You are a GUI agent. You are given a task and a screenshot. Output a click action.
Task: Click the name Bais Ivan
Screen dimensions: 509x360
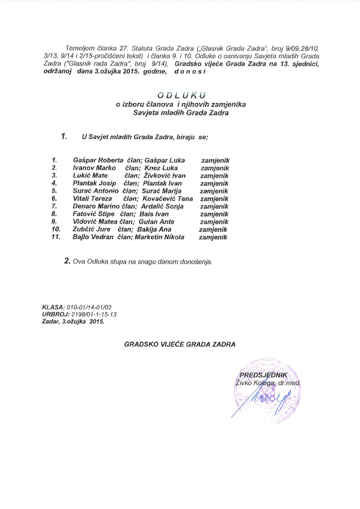[x=153, y=214]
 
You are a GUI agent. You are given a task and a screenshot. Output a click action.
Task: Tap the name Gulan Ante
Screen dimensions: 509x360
[x=157, y=222]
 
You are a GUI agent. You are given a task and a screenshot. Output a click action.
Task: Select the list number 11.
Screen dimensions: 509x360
[x=54, y=238]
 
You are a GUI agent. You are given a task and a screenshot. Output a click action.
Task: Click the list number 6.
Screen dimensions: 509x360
[x=54, y=199]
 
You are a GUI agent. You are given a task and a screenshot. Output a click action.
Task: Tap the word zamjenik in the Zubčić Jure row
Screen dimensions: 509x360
[x=213, y=230]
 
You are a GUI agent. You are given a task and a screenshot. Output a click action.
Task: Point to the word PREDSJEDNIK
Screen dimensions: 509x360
[x=264, y=376]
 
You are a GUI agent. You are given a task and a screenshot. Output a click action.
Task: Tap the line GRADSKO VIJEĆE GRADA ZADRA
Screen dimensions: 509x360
[x=180, y=344]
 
